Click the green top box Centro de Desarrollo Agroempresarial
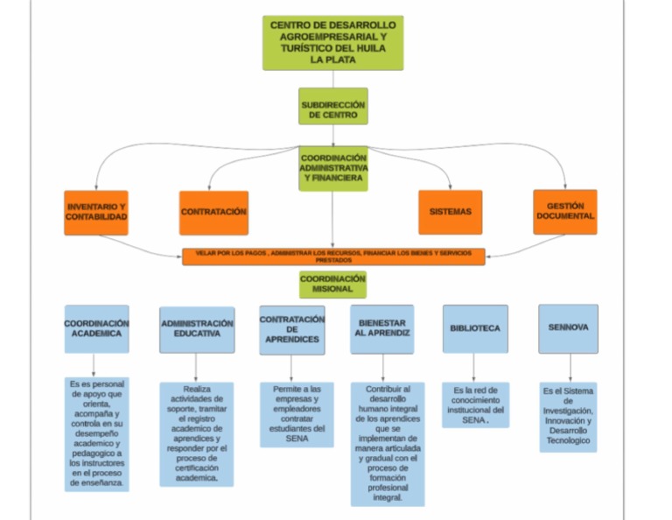point(332,42)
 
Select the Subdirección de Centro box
point(332,107)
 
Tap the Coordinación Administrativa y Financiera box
point(332,167)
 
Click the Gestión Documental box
point(565,212)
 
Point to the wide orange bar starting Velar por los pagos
point(332,256)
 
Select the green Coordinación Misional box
point(332,284)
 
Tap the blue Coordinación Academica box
point(96,328)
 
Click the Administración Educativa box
point(197,329)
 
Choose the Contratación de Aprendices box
point(292,329)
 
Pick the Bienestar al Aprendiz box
point(382,329)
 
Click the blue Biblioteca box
point(475,329)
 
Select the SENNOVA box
point(568,328)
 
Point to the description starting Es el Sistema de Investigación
point(569,417)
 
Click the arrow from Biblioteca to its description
point(475,367)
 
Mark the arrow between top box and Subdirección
point(332,79)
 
